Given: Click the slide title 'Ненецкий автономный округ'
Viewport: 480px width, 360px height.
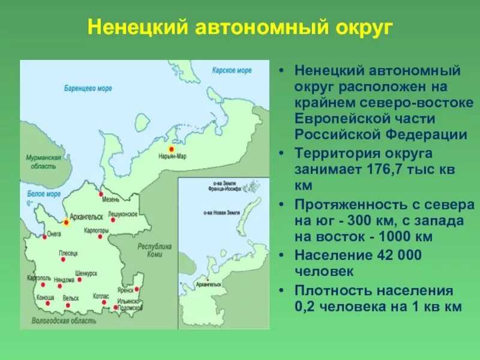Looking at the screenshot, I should click(x=239, y=28).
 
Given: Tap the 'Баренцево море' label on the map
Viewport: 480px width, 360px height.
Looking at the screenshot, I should click(x=88, y=88).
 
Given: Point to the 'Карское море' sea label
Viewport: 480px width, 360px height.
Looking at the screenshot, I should click(x=232, y=70).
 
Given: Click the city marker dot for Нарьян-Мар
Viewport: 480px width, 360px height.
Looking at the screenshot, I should click(x=171, y=148).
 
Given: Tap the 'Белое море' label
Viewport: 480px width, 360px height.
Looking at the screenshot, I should click(x=44, y=194).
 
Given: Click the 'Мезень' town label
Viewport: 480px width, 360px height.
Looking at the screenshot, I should click(x=111, y=200).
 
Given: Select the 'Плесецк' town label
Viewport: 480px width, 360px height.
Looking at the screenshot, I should click(x=69, y=254).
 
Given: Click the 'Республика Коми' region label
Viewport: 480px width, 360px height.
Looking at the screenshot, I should click(x=155, y=250).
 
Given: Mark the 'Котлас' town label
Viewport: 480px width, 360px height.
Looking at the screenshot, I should click(x=101, y=296).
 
